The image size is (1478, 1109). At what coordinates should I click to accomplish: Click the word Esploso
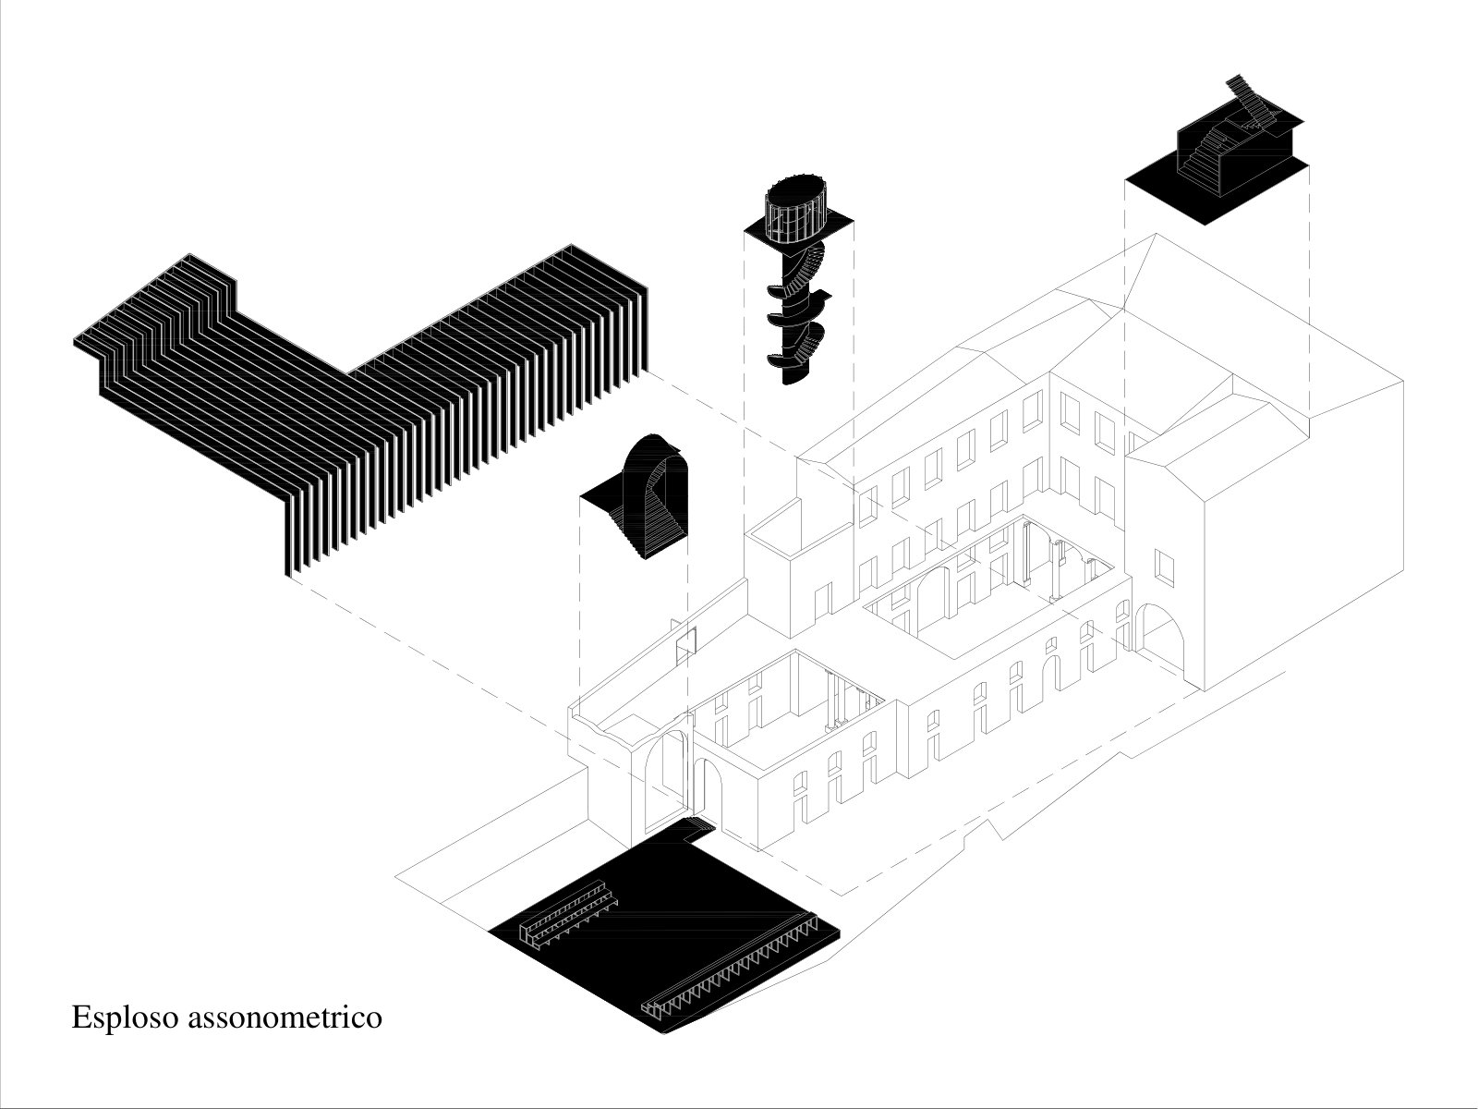(125, 1018)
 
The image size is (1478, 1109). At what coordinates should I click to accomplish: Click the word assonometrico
(285, 1018)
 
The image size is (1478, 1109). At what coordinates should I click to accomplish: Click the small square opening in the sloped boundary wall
(685, 640)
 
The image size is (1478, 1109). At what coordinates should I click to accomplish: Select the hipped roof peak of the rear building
(1156, 235)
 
